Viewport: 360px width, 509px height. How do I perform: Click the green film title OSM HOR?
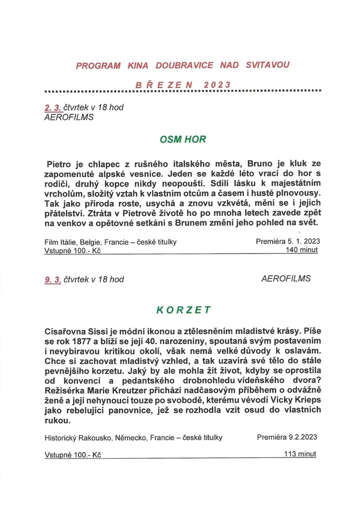click(x=183, y=140)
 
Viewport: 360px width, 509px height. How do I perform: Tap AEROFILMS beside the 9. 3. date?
click(x=286, y=279)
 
